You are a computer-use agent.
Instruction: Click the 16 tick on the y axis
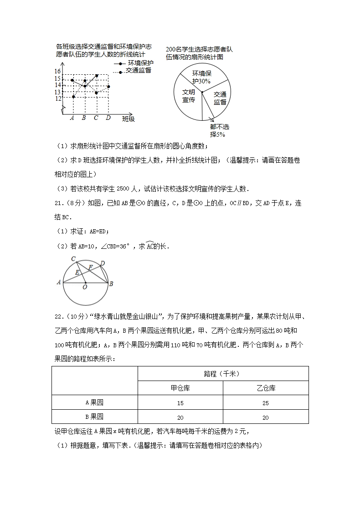pos(58,72)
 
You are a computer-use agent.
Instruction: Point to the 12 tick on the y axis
pos(58,98)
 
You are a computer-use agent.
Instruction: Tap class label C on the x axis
pos(96,118)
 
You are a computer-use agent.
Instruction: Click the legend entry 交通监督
pos(138,71)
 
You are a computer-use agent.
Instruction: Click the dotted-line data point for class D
pos(108,87)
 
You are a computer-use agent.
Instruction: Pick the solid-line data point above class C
pos(97,75)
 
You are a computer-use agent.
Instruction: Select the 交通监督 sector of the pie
pos(220,98)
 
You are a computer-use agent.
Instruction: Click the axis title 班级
pos(129,119)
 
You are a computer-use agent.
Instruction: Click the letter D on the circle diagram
pos(103,263)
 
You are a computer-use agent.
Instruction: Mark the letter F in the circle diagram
pos(90,267)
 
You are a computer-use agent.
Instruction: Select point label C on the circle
pos(73,259)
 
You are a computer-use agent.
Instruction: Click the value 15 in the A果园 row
pos(180,403)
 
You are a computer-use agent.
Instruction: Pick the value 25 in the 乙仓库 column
pos(266,403)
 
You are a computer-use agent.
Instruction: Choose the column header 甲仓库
pos(180,388)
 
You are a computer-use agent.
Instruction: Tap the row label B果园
pos(95,417)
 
